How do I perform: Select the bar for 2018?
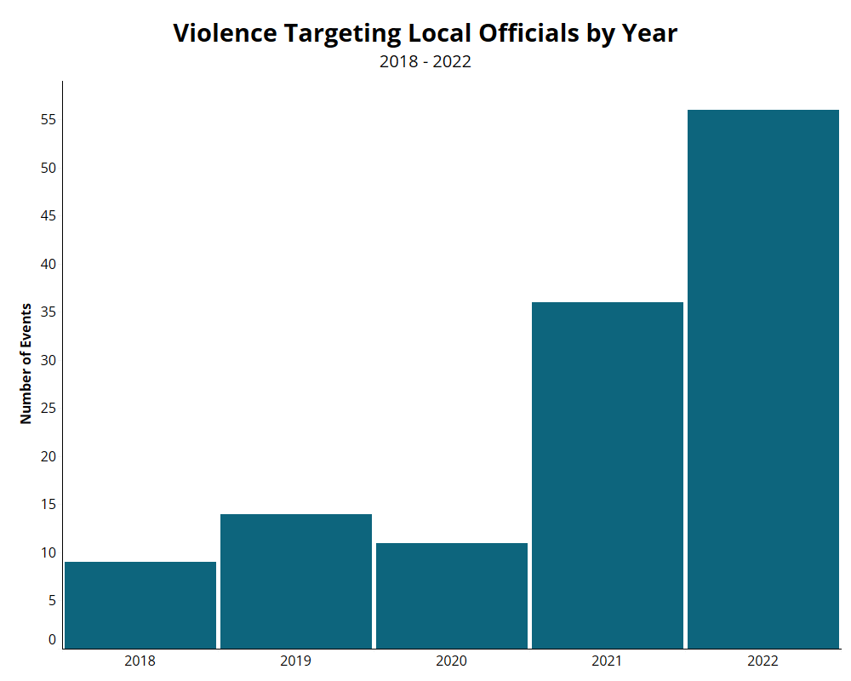(x=140, y=605)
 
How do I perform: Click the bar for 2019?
(x=296, y=581)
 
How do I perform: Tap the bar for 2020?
(x=452, y=596)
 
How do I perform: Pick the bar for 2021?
(x=608, y=475)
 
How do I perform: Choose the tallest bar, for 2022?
(x=763, y=379)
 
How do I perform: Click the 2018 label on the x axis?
(x=140, y=661)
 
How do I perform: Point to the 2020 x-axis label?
(x=452, y=661)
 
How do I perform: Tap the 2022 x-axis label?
(x=763, y=661)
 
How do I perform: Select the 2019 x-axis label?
(x=296, y=661)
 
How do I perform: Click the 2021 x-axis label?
(x=607, y=661)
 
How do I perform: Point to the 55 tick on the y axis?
(x=49, y=119)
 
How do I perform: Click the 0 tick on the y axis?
(x=52, y=640)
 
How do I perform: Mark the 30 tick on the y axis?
(x=49, y=360)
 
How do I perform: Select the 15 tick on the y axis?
(x=49, y=505)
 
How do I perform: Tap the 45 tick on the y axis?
(x=49, y=215)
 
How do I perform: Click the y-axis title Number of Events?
(x=26, y=363)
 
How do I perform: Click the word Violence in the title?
(x=226, y=33)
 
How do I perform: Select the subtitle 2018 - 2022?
(x=425, y=61)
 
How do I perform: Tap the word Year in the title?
(x=649, y=33)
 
